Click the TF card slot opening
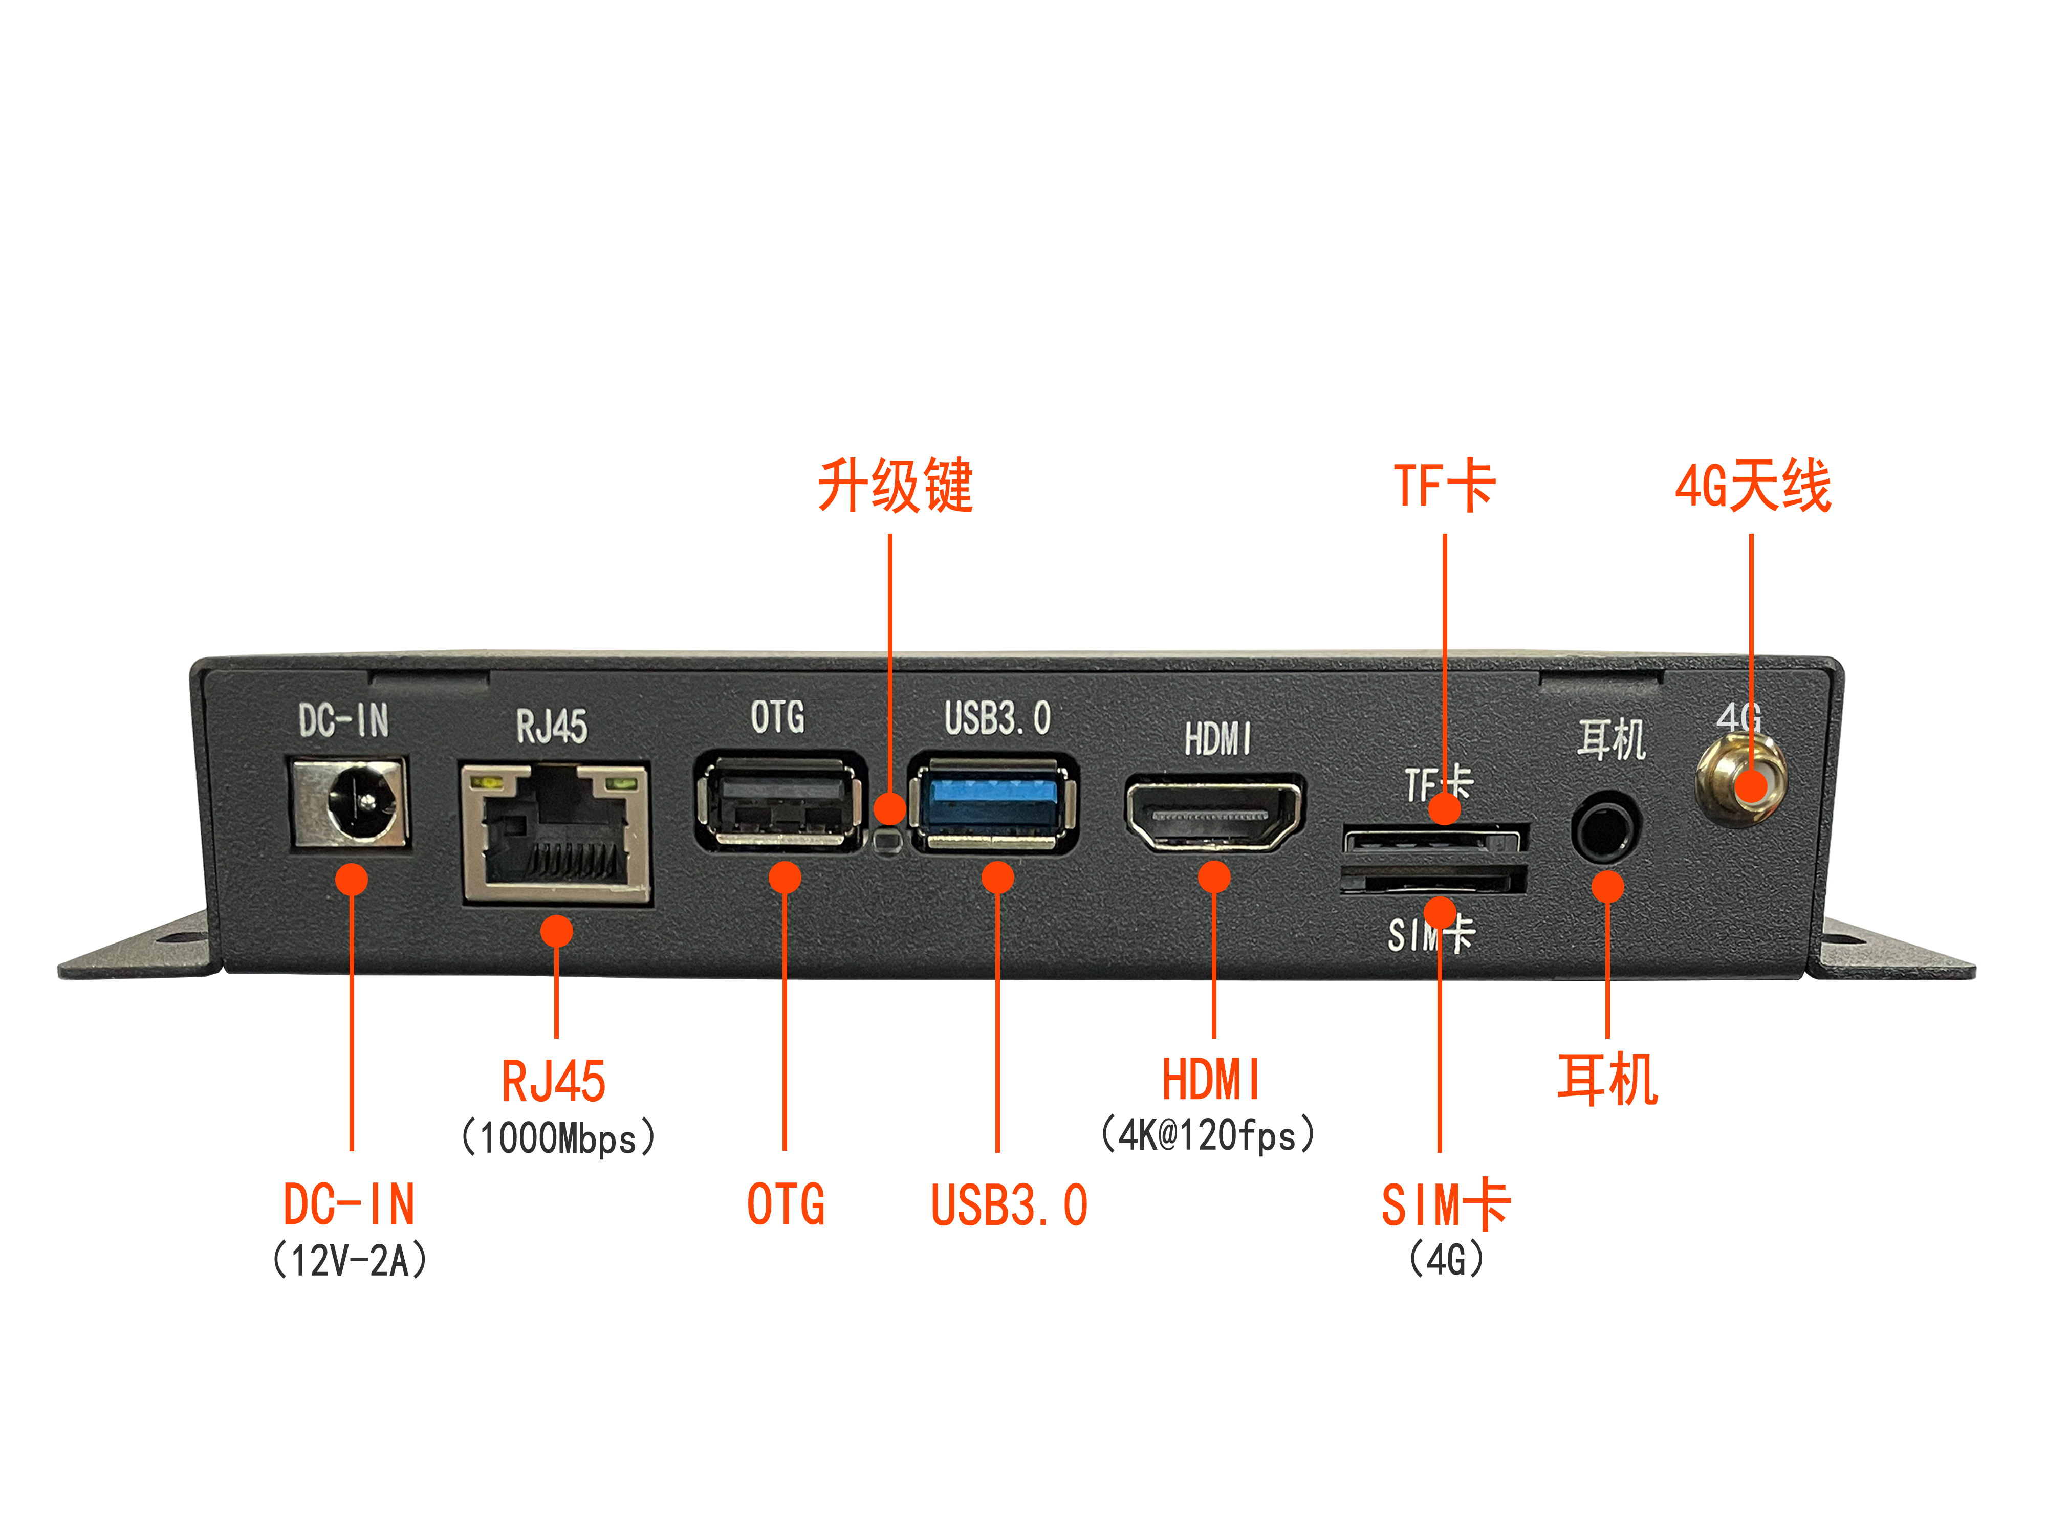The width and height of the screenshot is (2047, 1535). tap(1432, 842)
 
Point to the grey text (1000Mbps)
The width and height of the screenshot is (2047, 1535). tap(558, 1138)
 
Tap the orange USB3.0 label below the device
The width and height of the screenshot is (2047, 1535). tap(1009, 1204)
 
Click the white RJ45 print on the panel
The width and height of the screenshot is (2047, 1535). tap(552, 727)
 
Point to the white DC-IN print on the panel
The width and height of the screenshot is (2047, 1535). tap(343, 721)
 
